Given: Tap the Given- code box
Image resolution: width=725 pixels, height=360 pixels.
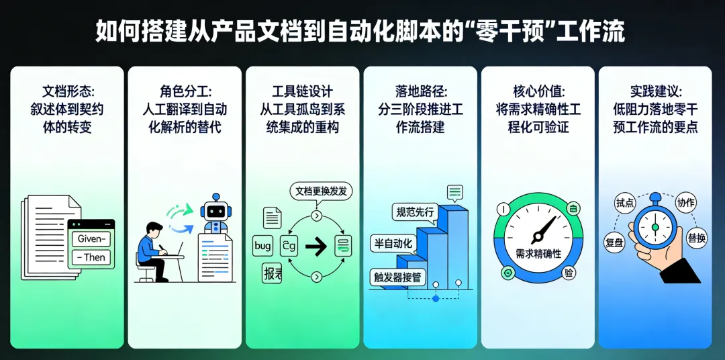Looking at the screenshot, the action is tap(92, 238).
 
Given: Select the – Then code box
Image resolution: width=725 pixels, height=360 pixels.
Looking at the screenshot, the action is tap(92, 257).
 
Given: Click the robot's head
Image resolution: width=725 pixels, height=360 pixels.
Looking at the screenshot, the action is tap(215, 208).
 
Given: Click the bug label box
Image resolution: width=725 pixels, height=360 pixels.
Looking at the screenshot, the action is tap(262, 246).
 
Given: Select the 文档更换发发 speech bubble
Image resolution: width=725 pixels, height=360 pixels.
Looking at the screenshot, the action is tap(321, 191).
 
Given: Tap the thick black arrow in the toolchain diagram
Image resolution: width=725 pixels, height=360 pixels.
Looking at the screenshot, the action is tap(316, 246).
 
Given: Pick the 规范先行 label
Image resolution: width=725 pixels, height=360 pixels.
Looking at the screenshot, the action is tap(416, 212).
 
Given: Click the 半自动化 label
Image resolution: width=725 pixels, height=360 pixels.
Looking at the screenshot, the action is tap(393, 243).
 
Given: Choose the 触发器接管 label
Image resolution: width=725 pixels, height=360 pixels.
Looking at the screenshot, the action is tap(397, 275).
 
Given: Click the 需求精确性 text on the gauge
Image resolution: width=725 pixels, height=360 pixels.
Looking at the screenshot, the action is tap(538, 253).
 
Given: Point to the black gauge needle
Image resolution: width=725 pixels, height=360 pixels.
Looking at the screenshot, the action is tap(544, 229).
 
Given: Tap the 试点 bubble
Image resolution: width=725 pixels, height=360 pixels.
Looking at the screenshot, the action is tap(624, 202).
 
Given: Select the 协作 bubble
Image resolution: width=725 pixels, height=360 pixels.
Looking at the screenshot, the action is tap(685, 202).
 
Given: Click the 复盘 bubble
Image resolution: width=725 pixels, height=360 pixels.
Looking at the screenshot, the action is tap(614, 242).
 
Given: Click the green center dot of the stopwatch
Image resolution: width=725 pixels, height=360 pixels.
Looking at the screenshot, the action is tap(655, 227).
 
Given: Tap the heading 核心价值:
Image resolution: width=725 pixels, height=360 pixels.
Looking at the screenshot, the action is tap(538, 91).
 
